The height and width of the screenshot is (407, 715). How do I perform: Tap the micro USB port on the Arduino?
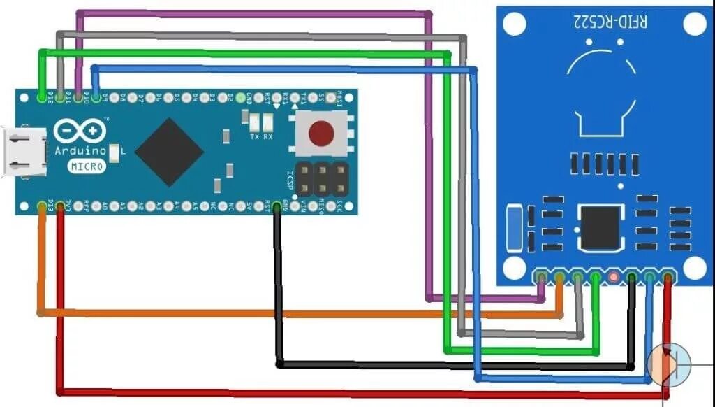pyautogui.click(x=24, y=151)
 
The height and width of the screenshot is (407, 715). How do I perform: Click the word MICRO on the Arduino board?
pyautogui.click(x=87, y=166)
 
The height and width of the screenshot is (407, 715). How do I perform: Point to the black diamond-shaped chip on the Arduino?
pyautogui.click(x=169, y=152)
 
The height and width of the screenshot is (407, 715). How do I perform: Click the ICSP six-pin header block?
pyautogui.click(x=321, y=178)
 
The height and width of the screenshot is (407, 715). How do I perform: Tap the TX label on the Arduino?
pyautogui.click(x=254, y=136)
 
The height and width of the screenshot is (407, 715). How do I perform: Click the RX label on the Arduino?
pyautogui.click(x=268, y=136)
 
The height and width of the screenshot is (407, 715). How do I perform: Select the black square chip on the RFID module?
pyautogui.click(x=600, y=227)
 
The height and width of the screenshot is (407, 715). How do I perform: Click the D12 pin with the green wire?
pyautogui.click(x=43, y=96)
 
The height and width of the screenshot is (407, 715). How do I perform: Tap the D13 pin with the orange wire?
pyautogui.click(x=43, y=206)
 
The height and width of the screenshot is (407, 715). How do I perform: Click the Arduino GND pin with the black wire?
pyautogui.click(x=277, y=206)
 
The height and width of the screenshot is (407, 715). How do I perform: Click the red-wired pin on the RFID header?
pyautogui.click(x=668, y=278)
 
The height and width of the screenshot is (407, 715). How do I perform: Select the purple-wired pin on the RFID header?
pyautogui.click(x=541, y=278)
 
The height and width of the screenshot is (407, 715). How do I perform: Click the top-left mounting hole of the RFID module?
pyautogui.click(x=513, y=24)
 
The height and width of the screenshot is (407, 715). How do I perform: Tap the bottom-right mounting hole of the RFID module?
pyautogui.click(x=695, y=266)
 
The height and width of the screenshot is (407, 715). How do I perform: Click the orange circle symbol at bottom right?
pyautogui.click(x=668, y=364)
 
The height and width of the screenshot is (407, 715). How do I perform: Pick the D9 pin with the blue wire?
pyautogui.click(x=95, y=96)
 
